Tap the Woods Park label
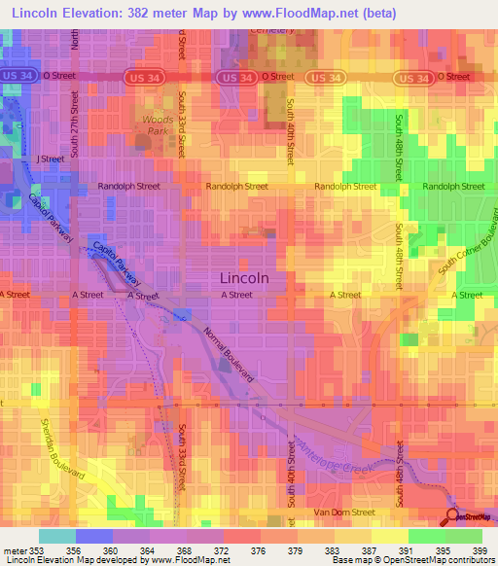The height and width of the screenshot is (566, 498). click(158, 124)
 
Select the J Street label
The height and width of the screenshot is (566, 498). click(50, 158)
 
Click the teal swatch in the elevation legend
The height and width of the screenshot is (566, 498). click(56, 536)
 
